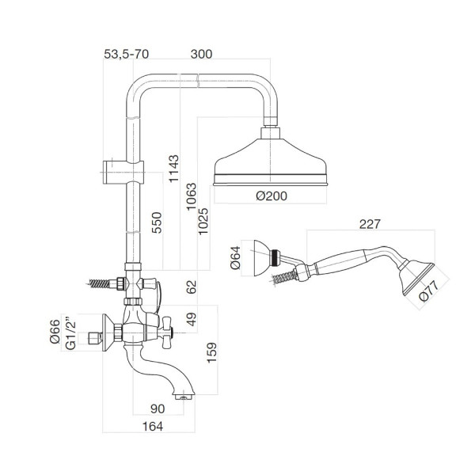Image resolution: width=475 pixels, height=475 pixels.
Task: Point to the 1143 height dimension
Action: [173, 169]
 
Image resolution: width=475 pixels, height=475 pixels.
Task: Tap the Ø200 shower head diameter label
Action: [272, 197]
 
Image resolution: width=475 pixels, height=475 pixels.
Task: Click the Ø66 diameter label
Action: [55, 330]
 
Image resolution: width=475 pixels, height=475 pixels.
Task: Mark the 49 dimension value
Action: [191, 321]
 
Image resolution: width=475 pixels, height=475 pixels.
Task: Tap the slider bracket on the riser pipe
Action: [125, 169]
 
